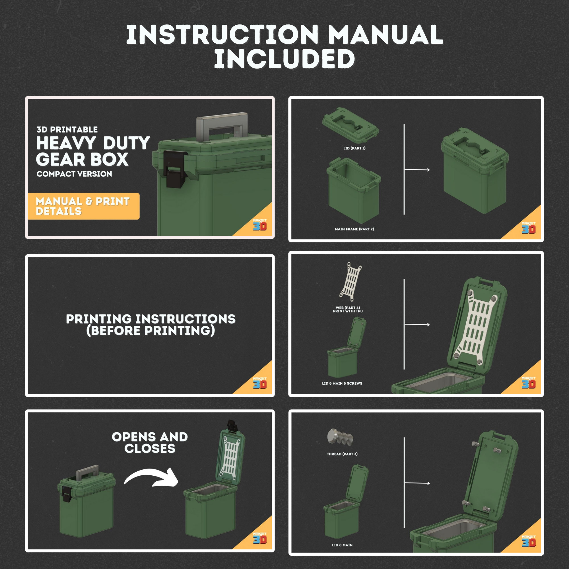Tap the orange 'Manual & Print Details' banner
click(x=83, y=206)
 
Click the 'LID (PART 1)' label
click(x=354, y=148)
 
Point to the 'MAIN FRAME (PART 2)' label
click(x=354, y=229)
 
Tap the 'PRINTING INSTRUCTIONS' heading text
click(x=151, y=319)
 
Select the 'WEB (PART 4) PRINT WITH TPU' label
click(x=348, y=309)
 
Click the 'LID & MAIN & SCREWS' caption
click(x=342, y=383)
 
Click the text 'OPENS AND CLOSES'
click(x=150, y=443)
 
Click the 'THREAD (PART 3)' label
click(x=342, y=454)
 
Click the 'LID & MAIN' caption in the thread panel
click(x=342, y=545)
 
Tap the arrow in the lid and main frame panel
click(x=417, y=170)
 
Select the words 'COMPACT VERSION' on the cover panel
click(x=74, y=174)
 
